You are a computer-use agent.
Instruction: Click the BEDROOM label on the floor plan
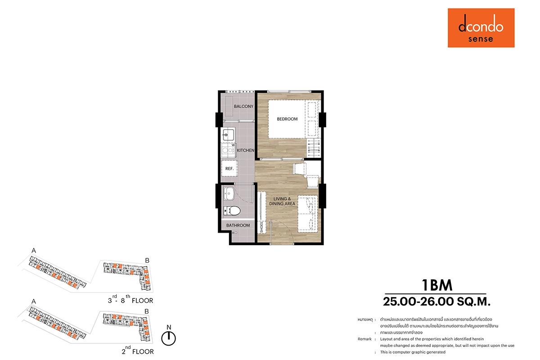287,119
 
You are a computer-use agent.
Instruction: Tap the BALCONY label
243,106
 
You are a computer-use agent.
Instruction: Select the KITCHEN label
245,150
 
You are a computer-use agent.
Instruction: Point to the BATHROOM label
238,225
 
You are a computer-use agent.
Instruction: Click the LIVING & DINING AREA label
282,201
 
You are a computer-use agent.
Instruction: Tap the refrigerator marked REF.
229,169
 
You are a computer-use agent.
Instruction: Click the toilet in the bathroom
232,211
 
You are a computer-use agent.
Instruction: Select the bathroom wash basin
229,194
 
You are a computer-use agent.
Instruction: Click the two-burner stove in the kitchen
228,150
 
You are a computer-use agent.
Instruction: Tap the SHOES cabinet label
261,227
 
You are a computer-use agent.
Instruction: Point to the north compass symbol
168,338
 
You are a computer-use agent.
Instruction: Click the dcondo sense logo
481,28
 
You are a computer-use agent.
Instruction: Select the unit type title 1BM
437,285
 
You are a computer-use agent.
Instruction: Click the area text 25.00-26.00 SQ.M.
436,301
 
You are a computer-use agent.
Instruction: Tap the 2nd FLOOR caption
138,351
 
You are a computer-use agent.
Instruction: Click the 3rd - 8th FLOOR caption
130,300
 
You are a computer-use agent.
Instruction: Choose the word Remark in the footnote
364,339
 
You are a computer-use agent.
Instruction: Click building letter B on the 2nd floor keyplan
147,311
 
